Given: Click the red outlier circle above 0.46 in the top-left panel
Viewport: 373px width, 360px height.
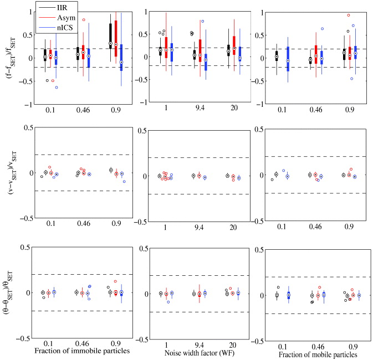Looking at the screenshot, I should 84,20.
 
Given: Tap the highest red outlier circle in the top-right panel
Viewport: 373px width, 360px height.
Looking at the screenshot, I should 349,16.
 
